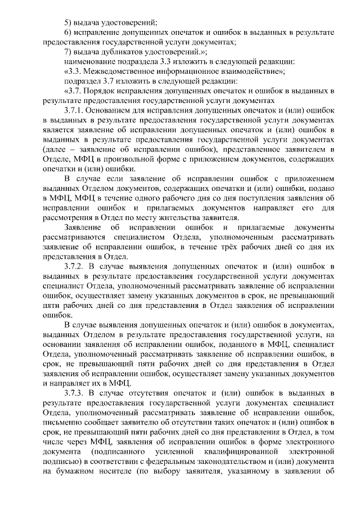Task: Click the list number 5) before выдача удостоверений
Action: [x=68, y=23]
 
